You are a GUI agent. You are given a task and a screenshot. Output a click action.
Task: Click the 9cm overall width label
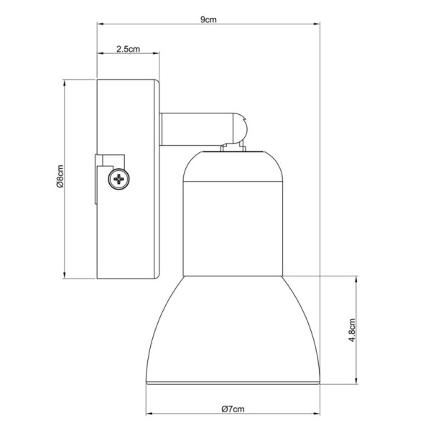tap(208, 19)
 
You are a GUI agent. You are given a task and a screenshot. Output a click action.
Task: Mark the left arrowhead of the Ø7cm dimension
tap(149, 414)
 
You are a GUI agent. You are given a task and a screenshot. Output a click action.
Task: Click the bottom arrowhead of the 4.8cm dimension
tap(357, 381)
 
